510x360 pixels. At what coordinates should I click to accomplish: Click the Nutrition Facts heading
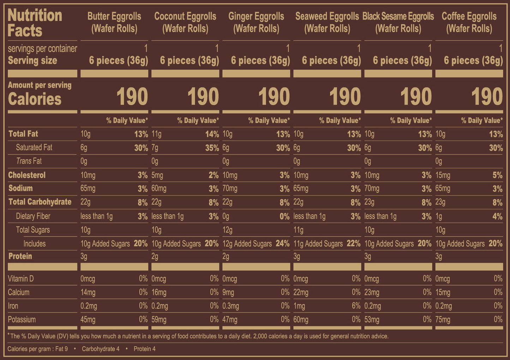coord(35,23)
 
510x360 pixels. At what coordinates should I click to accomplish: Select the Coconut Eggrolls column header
coord(185,22)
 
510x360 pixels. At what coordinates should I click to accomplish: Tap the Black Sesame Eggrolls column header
coord(398,22)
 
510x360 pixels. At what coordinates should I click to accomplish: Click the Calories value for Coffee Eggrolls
coord(487,97)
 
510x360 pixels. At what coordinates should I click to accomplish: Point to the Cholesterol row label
coord(27,175)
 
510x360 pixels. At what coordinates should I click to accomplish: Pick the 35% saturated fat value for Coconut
coord(212,148)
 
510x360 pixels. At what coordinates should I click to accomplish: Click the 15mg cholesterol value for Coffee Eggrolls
coord(443,175)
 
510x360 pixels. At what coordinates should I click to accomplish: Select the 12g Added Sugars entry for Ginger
coord(247,244)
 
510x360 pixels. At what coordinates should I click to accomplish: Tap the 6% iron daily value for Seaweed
coord(356,306)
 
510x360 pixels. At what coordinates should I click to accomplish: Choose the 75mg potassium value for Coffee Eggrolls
coord(443,320)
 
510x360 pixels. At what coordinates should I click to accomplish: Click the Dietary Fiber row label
coord(33,216)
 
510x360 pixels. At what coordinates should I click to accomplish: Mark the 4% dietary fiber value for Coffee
coord(497,216)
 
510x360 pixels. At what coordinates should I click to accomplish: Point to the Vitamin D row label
coord(20,279)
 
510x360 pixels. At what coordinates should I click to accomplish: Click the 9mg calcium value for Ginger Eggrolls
coord(228,293)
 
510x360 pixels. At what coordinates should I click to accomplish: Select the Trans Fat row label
coord(29,161)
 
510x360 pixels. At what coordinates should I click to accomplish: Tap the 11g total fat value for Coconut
coord(156,134)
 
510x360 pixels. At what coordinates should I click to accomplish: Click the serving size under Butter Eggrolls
coord(118,61)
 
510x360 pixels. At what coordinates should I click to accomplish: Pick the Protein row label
coord(20,256)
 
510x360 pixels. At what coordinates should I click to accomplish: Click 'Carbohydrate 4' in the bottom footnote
coord(101,349)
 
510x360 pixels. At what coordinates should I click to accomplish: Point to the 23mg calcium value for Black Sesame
coord(372,293)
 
